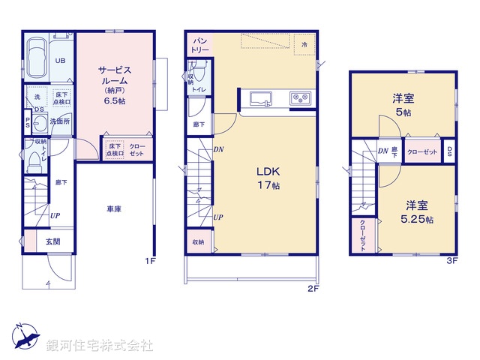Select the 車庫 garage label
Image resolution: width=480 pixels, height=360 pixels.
[113, 209]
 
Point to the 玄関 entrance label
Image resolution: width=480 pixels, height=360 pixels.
[52, 241]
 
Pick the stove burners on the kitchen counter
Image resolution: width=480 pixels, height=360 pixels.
[301, 97]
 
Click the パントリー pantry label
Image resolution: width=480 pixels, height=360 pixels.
[199, 43]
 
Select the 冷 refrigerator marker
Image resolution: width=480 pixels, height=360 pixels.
[304, 45]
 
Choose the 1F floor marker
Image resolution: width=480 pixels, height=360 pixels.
[150, 262]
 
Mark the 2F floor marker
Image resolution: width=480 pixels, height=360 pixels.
[313, 287]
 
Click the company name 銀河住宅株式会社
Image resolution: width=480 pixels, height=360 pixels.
[100, 346]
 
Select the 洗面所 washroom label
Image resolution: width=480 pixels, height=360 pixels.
[59, 121]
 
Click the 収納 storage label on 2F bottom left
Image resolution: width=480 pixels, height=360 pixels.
[197, 242]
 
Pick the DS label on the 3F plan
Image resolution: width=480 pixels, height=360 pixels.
[449, 151]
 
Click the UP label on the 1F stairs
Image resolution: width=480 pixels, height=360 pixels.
[55, 216]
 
